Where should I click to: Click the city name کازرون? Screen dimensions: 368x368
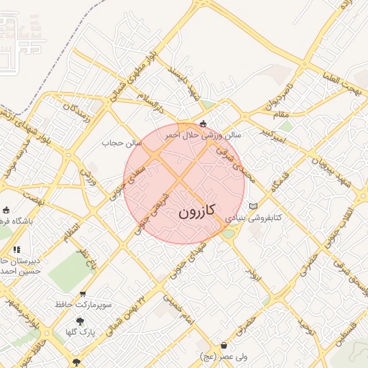click(195, 213)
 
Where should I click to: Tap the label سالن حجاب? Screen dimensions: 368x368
click(123, 143)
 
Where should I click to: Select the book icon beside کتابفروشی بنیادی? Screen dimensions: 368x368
click(252, 207)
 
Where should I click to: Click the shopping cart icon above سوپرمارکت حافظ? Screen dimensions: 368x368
click(83, 295)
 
